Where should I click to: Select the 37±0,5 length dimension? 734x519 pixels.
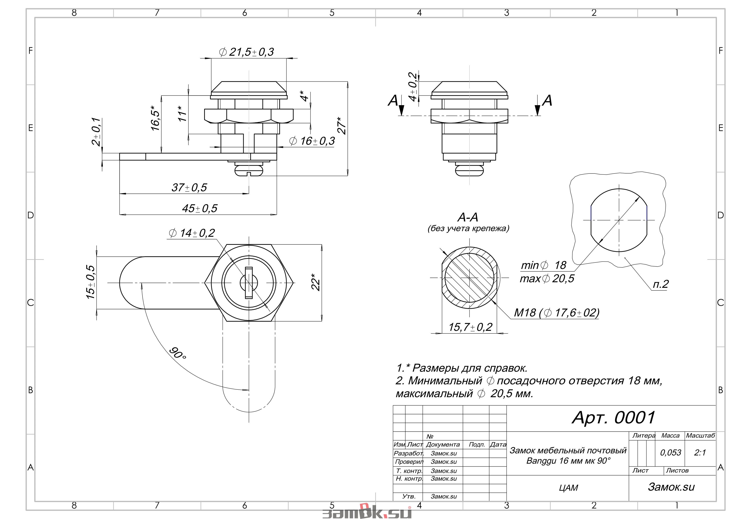click(189, 187)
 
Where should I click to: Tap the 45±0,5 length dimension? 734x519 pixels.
click(199, 209)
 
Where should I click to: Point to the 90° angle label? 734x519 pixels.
click(178, 353)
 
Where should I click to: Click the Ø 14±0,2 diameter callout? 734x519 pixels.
click(192, 233)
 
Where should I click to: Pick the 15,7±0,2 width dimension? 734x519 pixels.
click(470, 327)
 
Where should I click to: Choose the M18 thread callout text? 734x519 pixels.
click(556, 312)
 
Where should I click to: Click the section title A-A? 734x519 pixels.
click(468, 217)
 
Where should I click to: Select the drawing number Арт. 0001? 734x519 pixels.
click(614, 417)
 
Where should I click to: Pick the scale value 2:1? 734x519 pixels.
click(700, 452)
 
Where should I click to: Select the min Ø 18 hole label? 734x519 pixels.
click(543, 265)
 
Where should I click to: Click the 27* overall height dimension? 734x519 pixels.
click(342, 126)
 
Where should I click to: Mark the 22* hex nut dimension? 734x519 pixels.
click(316, 282)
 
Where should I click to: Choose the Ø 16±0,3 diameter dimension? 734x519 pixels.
click(312, 141)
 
